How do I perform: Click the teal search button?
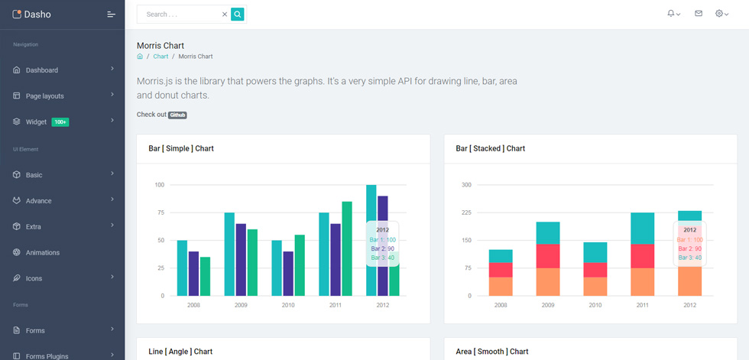tap(238, 15)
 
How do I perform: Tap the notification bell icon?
tap(671, 14)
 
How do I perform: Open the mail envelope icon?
tap(699, 14)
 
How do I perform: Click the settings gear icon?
tap(719, 14)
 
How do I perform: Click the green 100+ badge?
tap(60, 122)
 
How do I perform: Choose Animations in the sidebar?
tap(43, 252)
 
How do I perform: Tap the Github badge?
tap(177, 115)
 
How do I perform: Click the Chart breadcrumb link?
tap(160, 57)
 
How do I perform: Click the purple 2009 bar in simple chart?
tap(241, 260)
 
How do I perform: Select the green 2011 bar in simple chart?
tap(347, 248)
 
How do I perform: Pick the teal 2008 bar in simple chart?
tap(182, 268)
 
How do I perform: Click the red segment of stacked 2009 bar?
tap(548, 256)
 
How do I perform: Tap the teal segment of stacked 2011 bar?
tap(643, 229)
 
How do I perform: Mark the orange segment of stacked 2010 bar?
tap(595, 287)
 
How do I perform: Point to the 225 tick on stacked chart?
tap(466, 212)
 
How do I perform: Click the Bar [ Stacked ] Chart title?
tap(491, 148)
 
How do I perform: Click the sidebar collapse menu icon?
tap(112, 15)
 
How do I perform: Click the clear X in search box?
tap(225, 15)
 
